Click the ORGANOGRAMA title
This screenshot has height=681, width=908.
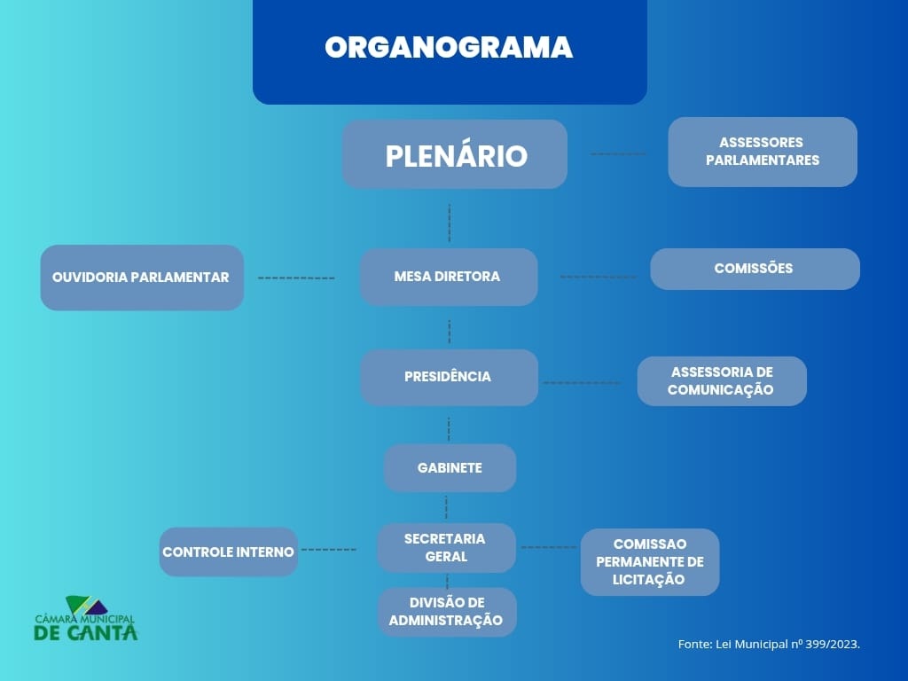click(449, 48)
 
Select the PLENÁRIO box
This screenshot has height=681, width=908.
click(455, 155)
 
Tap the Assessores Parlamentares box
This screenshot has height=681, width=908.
click(763, 152)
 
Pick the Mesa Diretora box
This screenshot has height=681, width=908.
click(449, 277)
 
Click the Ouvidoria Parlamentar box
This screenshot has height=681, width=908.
click(142, 278)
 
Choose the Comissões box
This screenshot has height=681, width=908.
click(755, 269)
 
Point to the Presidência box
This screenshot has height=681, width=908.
click(449, 377)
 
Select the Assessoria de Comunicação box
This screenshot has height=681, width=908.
click(722, 381)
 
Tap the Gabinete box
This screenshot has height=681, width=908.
click(450, 468)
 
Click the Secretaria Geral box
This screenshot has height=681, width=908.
click(446, 548)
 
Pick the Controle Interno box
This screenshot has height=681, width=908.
click(229, 552)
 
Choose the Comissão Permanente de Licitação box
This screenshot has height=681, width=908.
click(650, 561)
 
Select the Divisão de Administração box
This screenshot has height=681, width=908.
click(446, 612)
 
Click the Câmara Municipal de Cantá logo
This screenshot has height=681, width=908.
click(86, 619)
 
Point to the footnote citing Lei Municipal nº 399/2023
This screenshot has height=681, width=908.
click(769, 645)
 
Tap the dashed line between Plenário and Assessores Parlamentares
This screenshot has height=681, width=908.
click(618, 153)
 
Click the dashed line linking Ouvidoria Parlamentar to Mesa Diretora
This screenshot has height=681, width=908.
click(296, 278)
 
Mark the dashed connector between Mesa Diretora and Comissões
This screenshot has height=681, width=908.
click(599, 277)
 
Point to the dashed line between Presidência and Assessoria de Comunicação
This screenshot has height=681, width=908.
click(582, 383)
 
